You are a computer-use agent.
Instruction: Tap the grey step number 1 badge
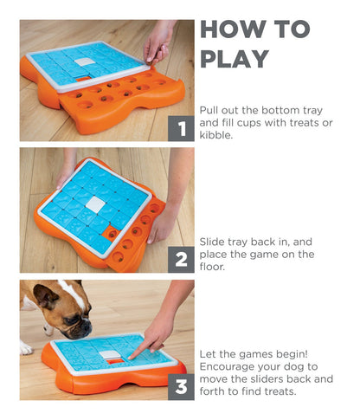(x=181, y=129)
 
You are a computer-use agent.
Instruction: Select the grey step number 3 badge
(x=181, y=388)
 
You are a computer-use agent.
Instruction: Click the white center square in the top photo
(x=84, y=62)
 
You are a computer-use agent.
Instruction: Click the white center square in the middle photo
(x=94, y=204)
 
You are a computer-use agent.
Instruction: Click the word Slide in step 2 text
(x=214, y=241)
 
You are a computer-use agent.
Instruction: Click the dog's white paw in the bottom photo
(x=26, y=348)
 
